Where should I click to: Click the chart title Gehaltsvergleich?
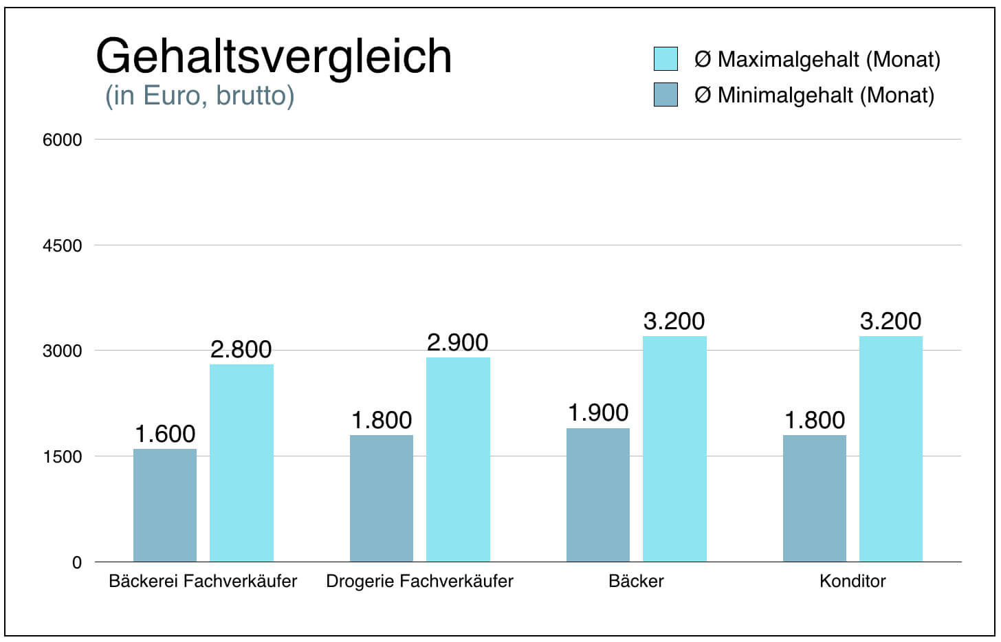(274, 56)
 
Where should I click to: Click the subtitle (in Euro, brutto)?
(199, 96)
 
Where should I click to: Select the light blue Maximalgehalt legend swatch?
(665, 59)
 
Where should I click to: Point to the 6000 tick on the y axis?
(62, 140)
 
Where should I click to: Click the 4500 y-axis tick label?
(62, 245)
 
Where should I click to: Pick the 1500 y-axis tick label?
(62, 456)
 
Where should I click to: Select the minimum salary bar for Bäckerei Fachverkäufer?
(165, 505)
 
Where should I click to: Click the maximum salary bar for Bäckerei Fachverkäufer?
(241, 463)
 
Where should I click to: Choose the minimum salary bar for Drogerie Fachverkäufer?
(382, 498)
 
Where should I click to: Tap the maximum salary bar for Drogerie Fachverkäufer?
(458, 459)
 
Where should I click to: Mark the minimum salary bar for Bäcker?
(598, 495)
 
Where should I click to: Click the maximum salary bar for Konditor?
(891, 449)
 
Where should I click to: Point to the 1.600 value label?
(165, 434)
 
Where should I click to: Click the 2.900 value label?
(458, 342)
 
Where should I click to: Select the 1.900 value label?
(598, 413)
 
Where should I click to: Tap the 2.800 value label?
(241, 350)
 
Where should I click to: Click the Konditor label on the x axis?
(852, 582)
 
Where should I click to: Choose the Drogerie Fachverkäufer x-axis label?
(419, 582)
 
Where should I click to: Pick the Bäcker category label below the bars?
(636, 582)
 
